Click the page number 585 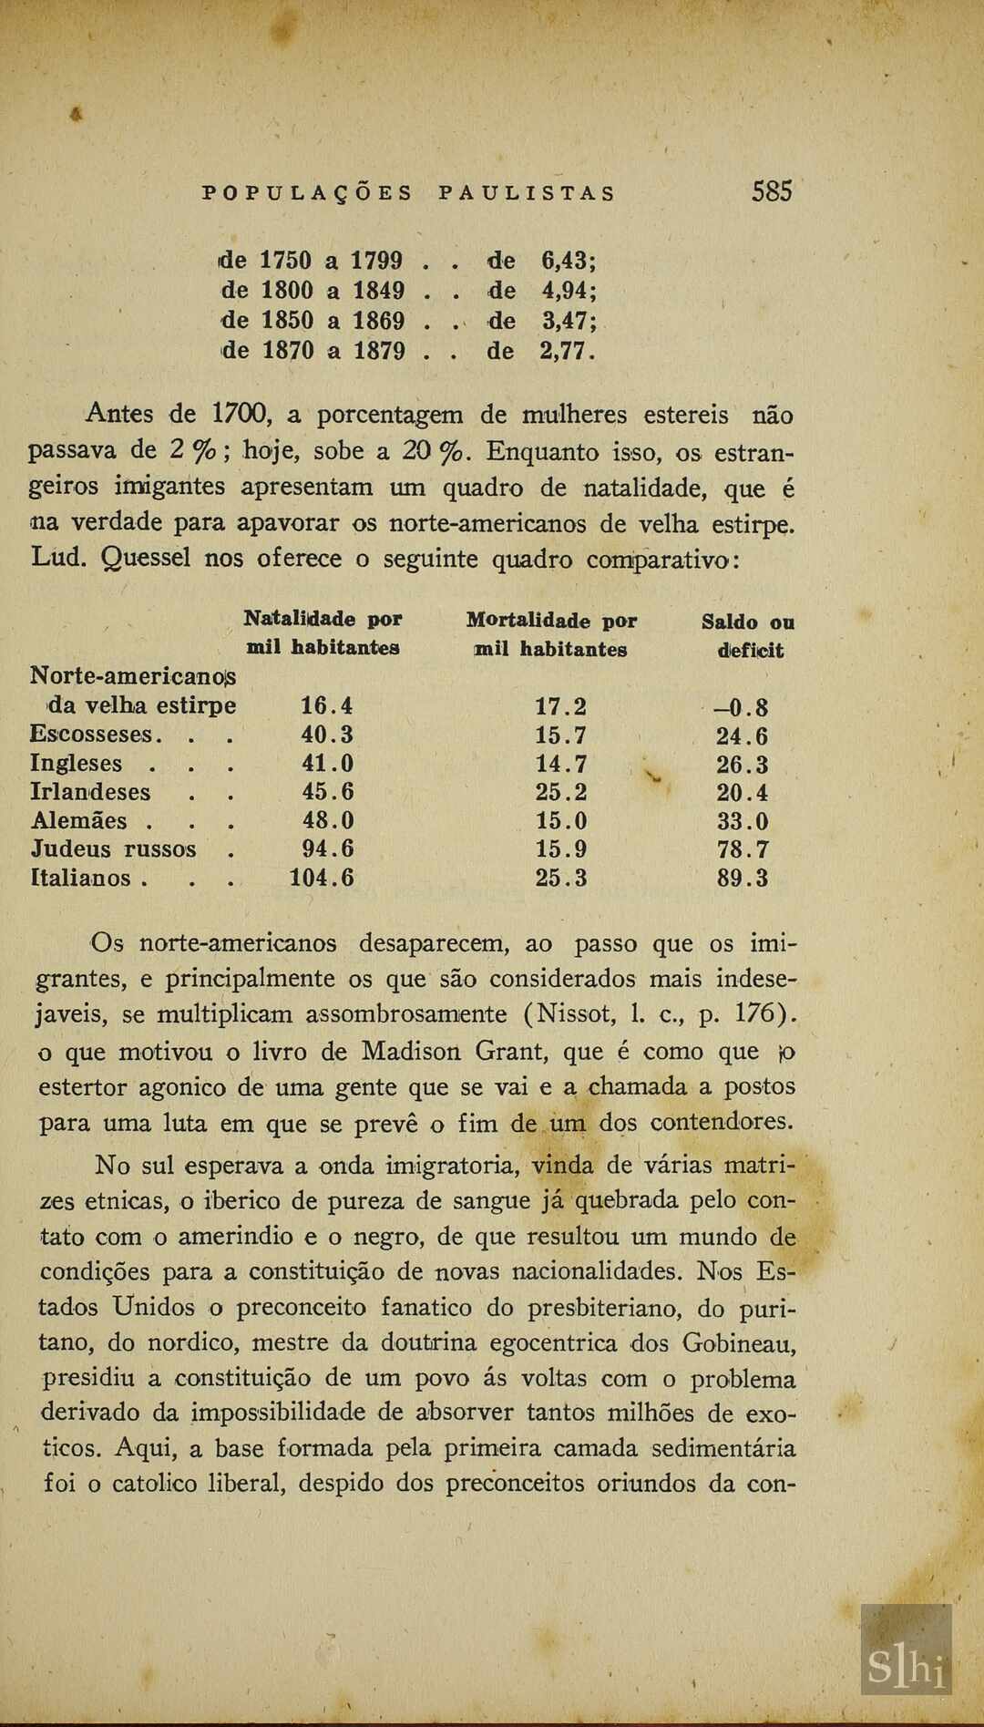(772, 191)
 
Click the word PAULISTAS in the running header (527, 193)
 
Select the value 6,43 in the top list (567, 261)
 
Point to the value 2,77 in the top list (566, 351)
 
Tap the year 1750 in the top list (286, 261)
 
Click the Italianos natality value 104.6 (322, 879)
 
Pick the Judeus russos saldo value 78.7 (743, 850)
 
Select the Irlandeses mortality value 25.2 (561, 792)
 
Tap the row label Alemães (79, 821)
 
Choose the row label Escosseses (90, 735)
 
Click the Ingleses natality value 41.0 (327, 764)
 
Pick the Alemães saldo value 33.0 (743, 821)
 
